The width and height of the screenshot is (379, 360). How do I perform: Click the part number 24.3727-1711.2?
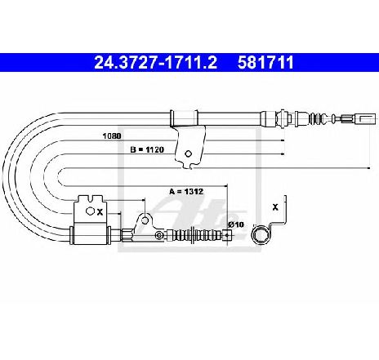[x=155, y=63]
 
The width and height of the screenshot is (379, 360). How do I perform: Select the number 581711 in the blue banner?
[x=265, y=63]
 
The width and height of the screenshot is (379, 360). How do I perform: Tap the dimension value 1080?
[x=112, y=136]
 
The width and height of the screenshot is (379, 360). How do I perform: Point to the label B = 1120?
[x=147, y=149]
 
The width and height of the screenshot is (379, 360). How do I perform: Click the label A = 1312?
[x=186, y=192]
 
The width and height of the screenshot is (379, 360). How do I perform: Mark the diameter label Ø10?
[x=236, y=224]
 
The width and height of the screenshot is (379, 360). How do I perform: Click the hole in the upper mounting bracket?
[x=188, y=153]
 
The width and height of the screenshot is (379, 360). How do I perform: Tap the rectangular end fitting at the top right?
[x=366, y=118]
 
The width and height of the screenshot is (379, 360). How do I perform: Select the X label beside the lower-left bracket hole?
[x=100, y=212]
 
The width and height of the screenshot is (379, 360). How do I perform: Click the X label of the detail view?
[x=275, y=207]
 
